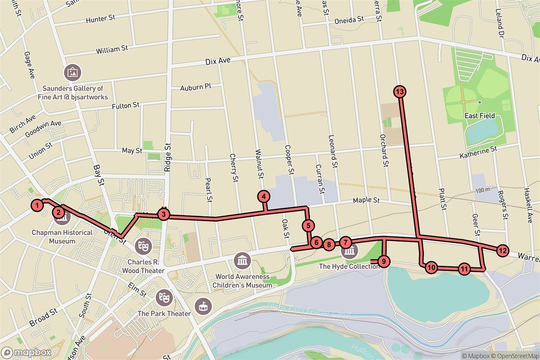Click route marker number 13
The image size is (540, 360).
pyautogui.click(x=400, y=92)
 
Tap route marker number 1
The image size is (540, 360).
pyautogui.click(x=38, y=206)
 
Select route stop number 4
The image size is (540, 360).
pyautogui.click(x=264, y=197)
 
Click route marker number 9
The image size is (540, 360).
pyautogui.click(x=383, y=261)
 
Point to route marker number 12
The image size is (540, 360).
pyautogui.click(x=502, y=251)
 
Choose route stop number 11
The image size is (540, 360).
pyautogui.click(x=464, y=269)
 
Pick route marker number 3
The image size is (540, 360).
pyautogui.click(x=164, y=215)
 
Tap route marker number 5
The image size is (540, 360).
pyautogui.click(x=308, y=225)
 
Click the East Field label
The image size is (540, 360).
pyautogui.click(x=480, y=116)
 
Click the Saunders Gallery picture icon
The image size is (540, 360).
pyautogui.click(x=72, y=72)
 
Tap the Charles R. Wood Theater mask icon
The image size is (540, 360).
pyautogui.click(x=144, y=245)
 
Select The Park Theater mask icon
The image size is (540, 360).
pyautogui.click(x=162, y=297)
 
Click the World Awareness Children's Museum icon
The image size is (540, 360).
pyautogui.click(x=243, y=260)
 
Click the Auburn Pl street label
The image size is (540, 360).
pyautogui.click(x=195, y=87)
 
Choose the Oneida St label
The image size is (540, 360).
pyautogui.click(x=349, y=20)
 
